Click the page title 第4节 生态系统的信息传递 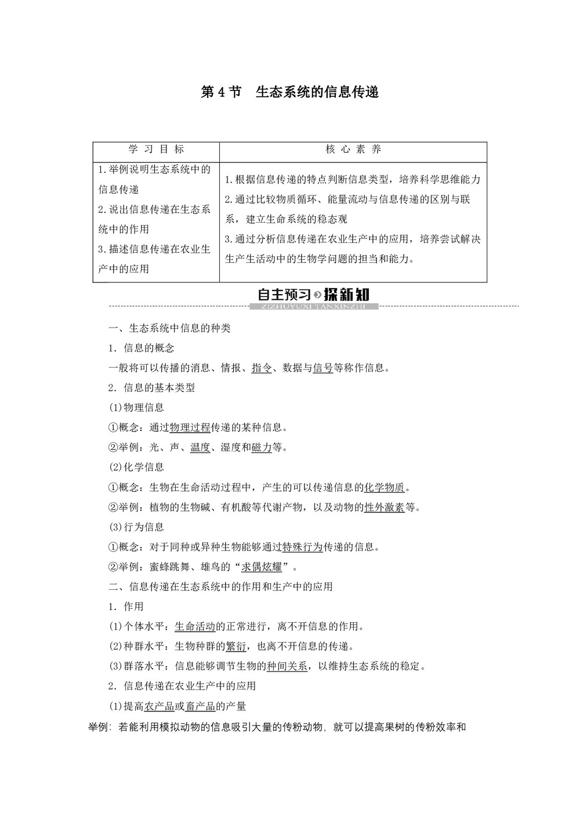click(x=289, y=92)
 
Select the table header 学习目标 click(x=156, y=150)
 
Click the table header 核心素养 click(x=353, y=150)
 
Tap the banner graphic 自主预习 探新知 click(x=314, y=296)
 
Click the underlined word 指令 click(x=262, y=368)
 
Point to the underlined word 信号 click(x=322, y=368)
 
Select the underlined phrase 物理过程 click(x=190, y=427)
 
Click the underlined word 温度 click(x=200, y=447)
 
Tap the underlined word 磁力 click(x=262, y=447)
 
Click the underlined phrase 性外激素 click(x=384, y=507)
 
